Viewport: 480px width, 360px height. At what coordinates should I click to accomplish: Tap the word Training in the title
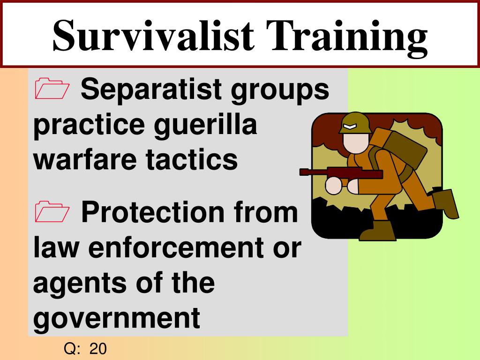click(x=346, y=38)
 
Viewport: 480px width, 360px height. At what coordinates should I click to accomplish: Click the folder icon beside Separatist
click(x=52, y=89)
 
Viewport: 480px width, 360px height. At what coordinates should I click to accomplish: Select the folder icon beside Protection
click(x=52, y=211)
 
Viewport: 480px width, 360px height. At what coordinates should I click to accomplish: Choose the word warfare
click(x=85, y=160)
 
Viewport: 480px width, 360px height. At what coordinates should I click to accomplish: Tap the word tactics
click(x=192, y=160)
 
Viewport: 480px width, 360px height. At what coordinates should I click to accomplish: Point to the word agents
click(x=80, y=284)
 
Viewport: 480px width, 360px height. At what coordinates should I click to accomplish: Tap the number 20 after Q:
click(x=98, y=349)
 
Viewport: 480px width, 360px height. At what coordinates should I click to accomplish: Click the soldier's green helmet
click(x=355, y=123)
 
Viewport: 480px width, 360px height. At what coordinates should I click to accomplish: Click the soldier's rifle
click(x=341, y=173)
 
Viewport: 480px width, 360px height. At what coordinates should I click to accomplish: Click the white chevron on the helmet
click(x=349, y=126)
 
